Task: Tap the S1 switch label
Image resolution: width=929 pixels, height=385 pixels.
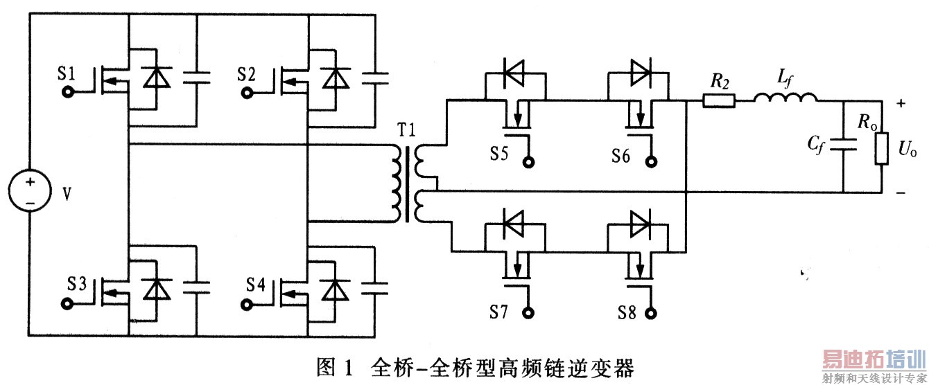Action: pos(67,73)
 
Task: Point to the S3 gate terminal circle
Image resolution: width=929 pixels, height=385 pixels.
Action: pos(68,303)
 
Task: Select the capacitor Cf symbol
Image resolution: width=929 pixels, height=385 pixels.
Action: pos(844,146)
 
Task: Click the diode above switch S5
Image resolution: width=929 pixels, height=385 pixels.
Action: pos(512,71)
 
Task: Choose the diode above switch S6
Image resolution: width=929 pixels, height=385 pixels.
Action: pos(639,71)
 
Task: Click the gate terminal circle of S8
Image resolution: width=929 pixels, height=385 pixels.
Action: pos(652,312)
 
